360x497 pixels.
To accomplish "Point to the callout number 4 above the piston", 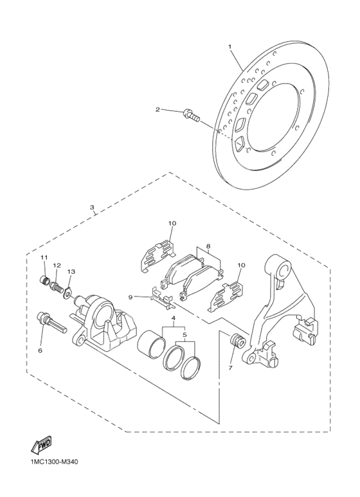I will click(172, 318).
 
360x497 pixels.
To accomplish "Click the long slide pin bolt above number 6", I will click(51, 320).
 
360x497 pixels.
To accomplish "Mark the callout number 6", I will click(40, 350).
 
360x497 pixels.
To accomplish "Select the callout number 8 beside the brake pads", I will click(208, 246).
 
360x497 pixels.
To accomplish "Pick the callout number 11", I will click(44, 258).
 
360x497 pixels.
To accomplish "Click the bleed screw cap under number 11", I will click(46, 280).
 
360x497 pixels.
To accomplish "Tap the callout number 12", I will click(57, 265).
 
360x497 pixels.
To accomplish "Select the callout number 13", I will click(71, 272).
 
